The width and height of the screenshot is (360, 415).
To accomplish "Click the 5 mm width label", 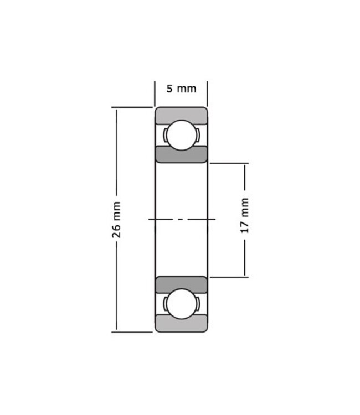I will [181, 89].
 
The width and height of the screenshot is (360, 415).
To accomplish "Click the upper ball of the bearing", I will [181, 135].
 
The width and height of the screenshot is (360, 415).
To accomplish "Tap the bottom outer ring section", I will [181, 325].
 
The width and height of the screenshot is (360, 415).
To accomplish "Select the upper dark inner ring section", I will [181, 155].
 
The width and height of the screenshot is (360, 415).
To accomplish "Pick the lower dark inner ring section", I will [181, 284].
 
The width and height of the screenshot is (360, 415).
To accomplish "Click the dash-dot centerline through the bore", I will [181, 220].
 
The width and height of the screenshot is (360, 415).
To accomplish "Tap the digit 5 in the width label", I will [169, 89].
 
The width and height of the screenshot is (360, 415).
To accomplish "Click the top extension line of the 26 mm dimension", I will [132, 107].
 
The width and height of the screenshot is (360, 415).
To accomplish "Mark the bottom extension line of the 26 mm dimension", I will [132, 332].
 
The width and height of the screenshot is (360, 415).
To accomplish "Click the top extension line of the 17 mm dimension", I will [228, 163].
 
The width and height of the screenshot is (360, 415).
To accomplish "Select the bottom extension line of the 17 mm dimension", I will [228, 276].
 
